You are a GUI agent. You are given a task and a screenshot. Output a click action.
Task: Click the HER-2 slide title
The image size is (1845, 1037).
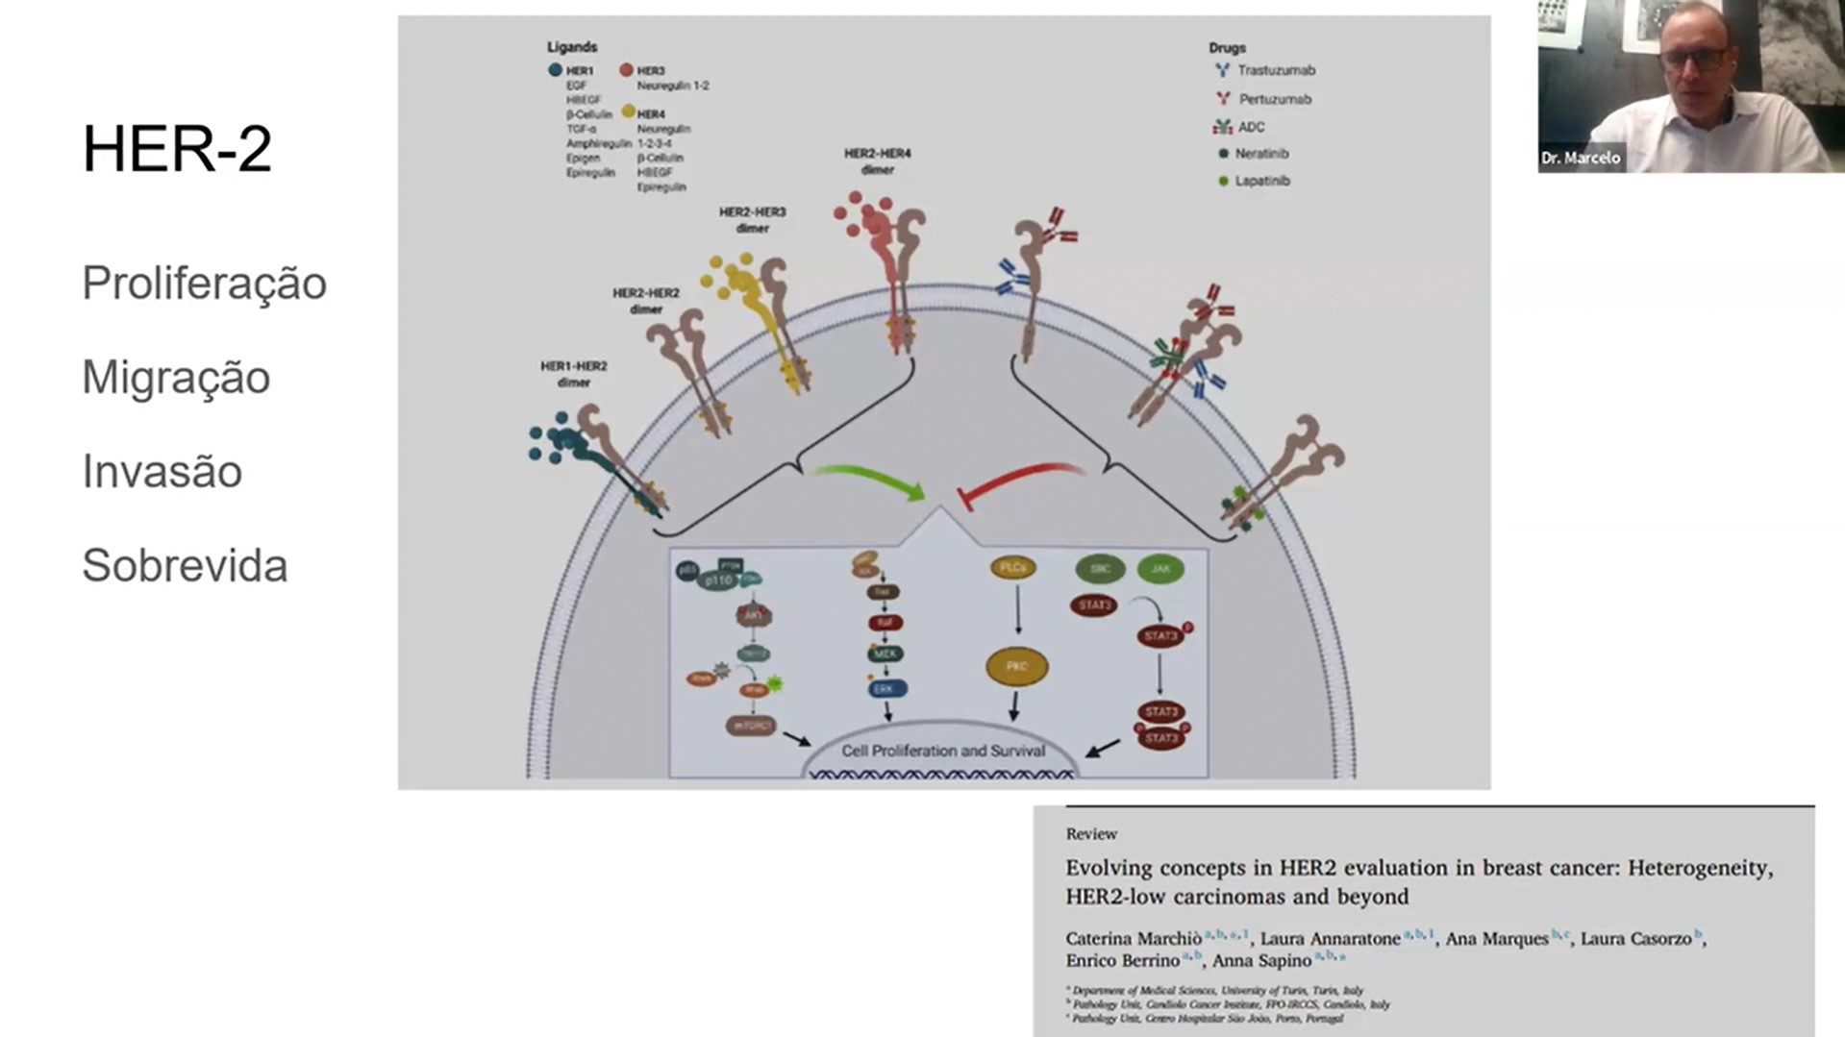177,149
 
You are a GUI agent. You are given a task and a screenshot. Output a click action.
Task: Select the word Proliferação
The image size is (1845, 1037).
204,283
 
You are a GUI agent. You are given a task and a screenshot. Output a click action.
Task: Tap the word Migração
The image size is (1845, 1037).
176,377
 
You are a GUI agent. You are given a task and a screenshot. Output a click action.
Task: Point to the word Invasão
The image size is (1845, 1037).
162,471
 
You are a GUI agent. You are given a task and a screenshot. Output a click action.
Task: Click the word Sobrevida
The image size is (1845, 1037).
185,565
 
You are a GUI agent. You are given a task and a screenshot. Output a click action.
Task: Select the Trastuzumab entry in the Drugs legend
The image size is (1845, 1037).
1275,70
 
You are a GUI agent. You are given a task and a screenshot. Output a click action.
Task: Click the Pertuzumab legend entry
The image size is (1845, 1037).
1274,99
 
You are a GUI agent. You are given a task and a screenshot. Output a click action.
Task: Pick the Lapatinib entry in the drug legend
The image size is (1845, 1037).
1261,181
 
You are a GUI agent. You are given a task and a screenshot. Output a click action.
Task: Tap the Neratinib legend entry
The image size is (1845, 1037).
1260,154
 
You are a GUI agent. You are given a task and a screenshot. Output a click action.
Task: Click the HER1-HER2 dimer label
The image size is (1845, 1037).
573,374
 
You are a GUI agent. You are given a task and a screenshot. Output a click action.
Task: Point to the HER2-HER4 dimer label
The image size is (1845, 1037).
877,160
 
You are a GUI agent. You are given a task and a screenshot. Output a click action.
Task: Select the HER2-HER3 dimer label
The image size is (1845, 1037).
752,219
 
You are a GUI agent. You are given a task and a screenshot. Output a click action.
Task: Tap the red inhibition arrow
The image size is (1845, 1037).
1019,481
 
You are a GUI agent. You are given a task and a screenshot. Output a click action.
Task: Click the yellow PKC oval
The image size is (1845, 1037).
1016,666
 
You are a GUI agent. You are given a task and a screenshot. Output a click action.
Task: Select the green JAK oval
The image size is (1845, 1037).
1160,569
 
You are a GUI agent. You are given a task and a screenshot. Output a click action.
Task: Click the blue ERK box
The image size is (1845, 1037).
885,689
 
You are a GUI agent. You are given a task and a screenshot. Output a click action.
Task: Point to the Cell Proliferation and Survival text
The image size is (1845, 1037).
942,751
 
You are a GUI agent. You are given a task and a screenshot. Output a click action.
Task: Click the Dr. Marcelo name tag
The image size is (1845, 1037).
1581,158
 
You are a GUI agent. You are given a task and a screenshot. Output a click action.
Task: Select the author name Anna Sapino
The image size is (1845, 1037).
1261,960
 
